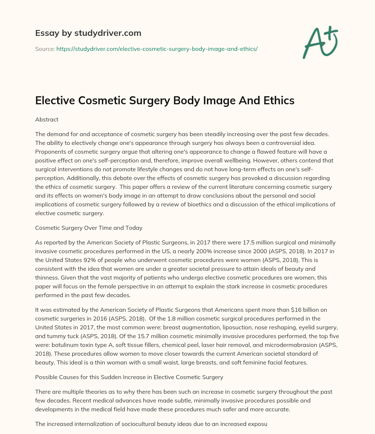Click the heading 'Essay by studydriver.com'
click(x=88, y=33)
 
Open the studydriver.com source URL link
click(x=157, y=49)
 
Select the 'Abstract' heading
click(x=47, y=119)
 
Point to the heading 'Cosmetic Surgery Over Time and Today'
click(x=89, y=228)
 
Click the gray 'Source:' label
click(x=45, y=49)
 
